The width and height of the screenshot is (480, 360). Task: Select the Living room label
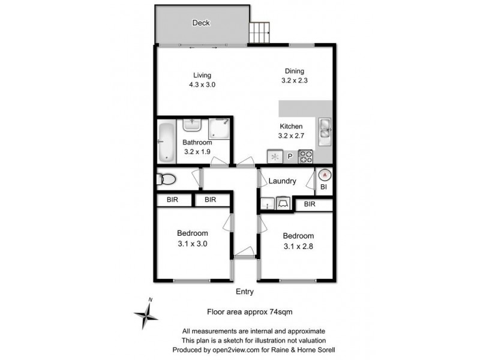(202, 75)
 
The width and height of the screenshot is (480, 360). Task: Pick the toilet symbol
(166, 179)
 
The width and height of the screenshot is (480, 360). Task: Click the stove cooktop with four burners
(306, 157)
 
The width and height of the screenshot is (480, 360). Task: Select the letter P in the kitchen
(289, 157)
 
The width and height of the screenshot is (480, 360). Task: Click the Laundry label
(282, 181)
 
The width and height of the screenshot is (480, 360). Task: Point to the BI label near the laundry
(323, 188)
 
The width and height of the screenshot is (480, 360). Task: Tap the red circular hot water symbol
(324, 175)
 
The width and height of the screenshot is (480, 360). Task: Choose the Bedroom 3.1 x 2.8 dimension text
(298, 245)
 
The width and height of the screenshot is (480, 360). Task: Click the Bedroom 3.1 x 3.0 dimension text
(193, 244)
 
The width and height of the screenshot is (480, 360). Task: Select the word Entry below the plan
(245, 292)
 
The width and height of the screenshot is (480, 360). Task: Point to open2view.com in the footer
(229, 349)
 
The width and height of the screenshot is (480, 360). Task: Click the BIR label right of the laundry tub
(310, 205)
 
